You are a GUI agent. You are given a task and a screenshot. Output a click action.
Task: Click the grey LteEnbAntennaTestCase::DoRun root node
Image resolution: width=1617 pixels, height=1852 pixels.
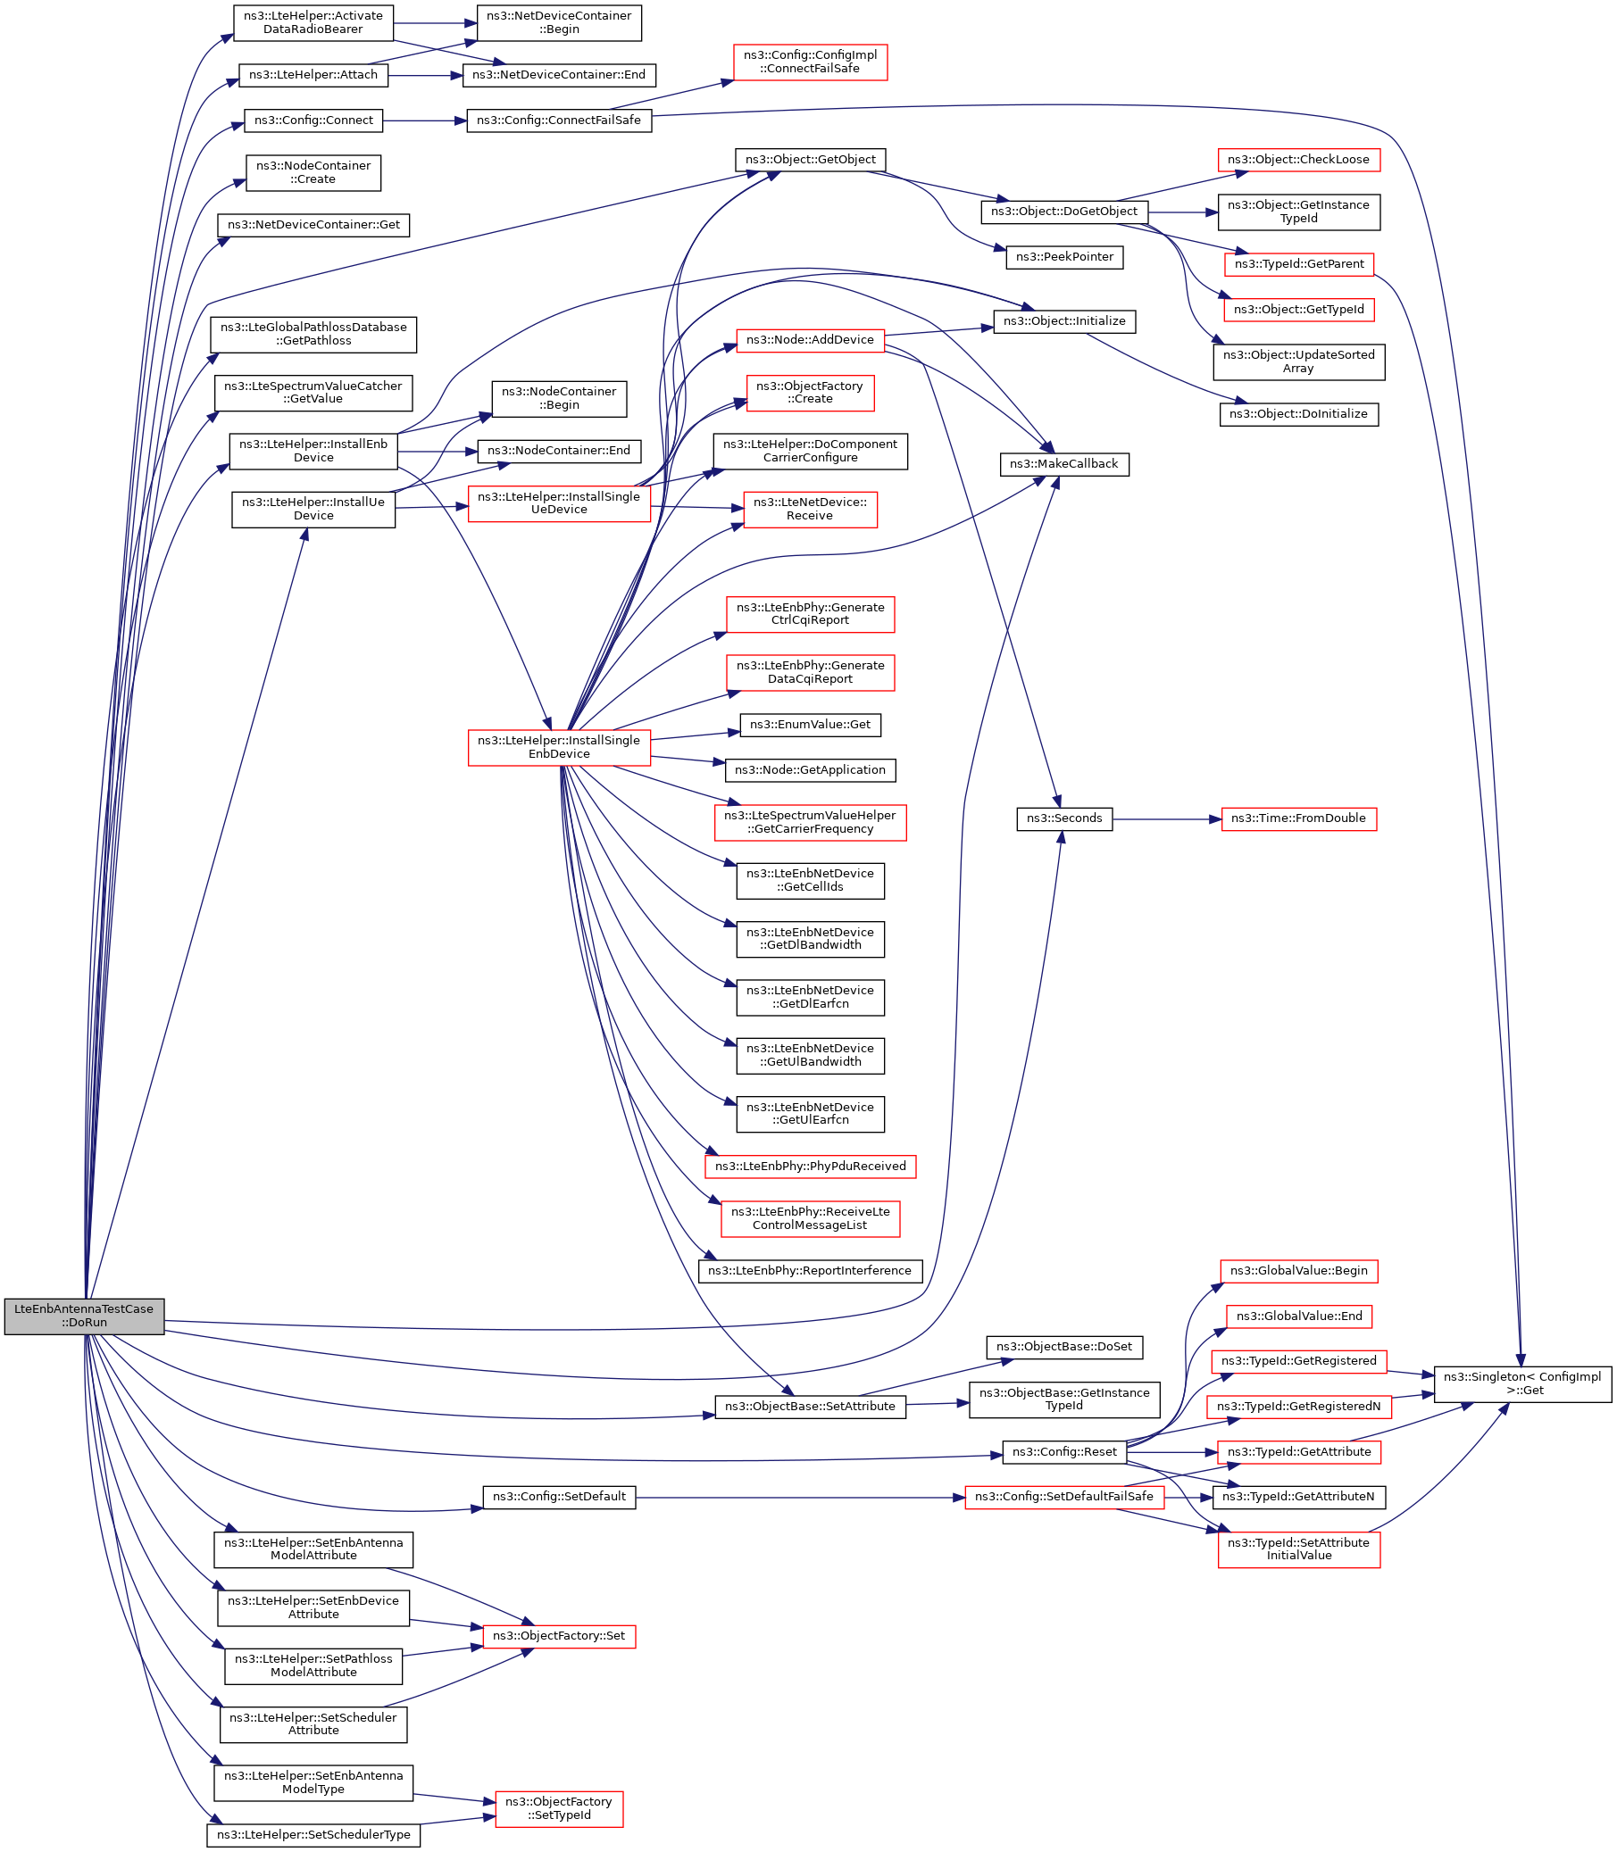(x=84, y=1316)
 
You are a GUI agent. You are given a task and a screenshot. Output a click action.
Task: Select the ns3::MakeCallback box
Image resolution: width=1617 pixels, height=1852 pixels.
(x=1064, y=464)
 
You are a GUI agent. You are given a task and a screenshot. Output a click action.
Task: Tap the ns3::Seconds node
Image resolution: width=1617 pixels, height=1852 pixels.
(x=1064, y=818)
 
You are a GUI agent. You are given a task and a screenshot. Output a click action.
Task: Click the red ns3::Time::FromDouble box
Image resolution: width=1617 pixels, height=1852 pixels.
(x=1298, y=818)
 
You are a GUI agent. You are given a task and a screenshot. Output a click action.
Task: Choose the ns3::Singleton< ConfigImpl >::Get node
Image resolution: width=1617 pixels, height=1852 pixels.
(x=1522, y=1383)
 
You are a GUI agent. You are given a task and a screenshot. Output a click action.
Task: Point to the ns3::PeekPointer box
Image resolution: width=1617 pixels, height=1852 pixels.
(x=1065, y=257)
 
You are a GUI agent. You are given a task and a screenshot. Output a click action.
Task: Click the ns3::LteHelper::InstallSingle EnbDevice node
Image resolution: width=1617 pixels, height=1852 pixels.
(x=559, y=747)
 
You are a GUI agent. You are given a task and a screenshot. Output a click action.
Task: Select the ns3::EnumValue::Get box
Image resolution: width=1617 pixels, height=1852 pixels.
(x=811, y=725)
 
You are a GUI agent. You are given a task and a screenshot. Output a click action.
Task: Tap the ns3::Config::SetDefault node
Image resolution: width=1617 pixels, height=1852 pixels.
(x=560, y=1497)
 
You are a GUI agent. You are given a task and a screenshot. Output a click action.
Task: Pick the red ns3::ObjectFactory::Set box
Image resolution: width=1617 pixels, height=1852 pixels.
(x=560, y=1635)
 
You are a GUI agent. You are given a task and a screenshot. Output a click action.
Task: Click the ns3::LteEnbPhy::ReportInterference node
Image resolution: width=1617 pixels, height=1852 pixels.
(x=811, y=1271)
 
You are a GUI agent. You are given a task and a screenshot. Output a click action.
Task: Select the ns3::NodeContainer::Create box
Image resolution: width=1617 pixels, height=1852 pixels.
(x=313, y=172)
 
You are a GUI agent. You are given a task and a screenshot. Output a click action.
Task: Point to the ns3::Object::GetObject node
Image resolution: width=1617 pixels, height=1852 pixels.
(x=811, y=160)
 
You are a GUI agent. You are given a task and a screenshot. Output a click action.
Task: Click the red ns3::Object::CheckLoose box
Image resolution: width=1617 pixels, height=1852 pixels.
(x=1298, y=160)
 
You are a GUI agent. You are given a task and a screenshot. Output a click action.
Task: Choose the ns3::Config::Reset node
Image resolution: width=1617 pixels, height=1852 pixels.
(x=1065, y=1452)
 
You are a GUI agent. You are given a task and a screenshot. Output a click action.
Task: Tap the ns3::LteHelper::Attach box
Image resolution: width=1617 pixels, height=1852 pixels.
(x=313, y=75)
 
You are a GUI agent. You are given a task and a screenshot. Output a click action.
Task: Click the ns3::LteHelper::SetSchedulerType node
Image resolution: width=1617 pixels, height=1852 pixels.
(x=313, y=1835)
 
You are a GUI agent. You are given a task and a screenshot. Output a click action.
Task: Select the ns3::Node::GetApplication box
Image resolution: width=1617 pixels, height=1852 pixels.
(x=811, y=769)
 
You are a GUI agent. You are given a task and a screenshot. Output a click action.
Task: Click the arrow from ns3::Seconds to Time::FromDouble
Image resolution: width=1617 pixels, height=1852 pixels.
(x=1167, y=819)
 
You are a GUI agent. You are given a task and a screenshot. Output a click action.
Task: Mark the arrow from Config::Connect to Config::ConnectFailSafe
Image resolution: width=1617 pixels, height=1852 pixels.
(x=424, y=120)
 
